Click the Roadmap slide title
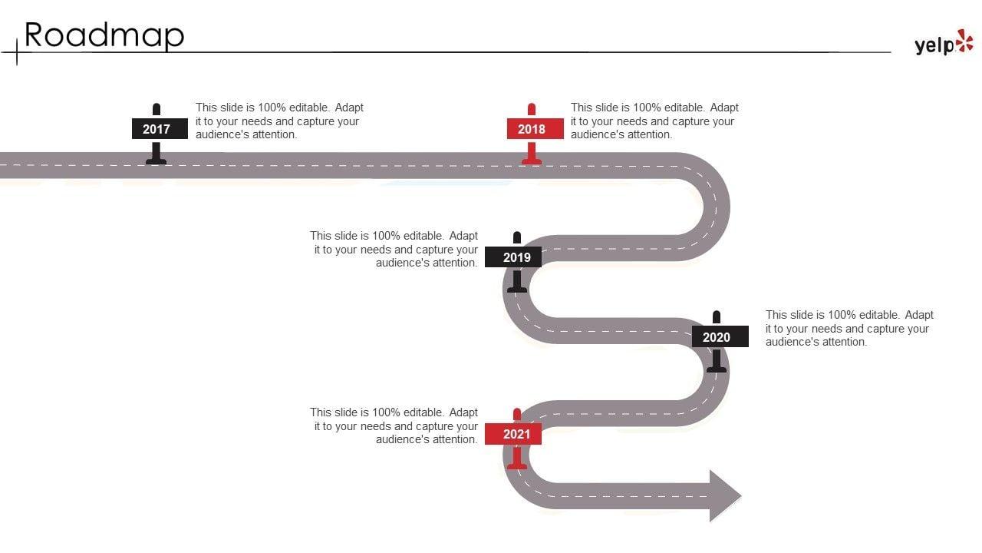point(104,35)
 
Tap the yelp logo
point(943,45)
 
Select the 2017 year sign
point(157,129)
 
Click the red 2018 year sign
point(532,129)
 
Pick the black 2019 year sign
point(517,257)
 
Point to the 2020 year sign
point(717,337)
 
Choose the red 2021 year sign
point(517,434)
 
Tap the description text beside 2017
point(279,121)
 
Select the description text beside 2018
point(654,121)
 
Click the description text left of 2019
point(394,250)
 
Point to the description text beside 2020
point(849,328)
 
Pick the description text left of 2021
point(394,426)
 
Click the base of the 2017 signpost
point(157,161)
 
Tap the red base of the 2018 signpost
point(532,161)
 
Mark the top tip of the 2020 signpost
point(717,315)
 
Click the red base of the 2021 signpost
point(517,465)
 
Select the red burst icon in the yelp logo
point(964,41)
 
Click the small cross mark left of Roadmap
point(17,52)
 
